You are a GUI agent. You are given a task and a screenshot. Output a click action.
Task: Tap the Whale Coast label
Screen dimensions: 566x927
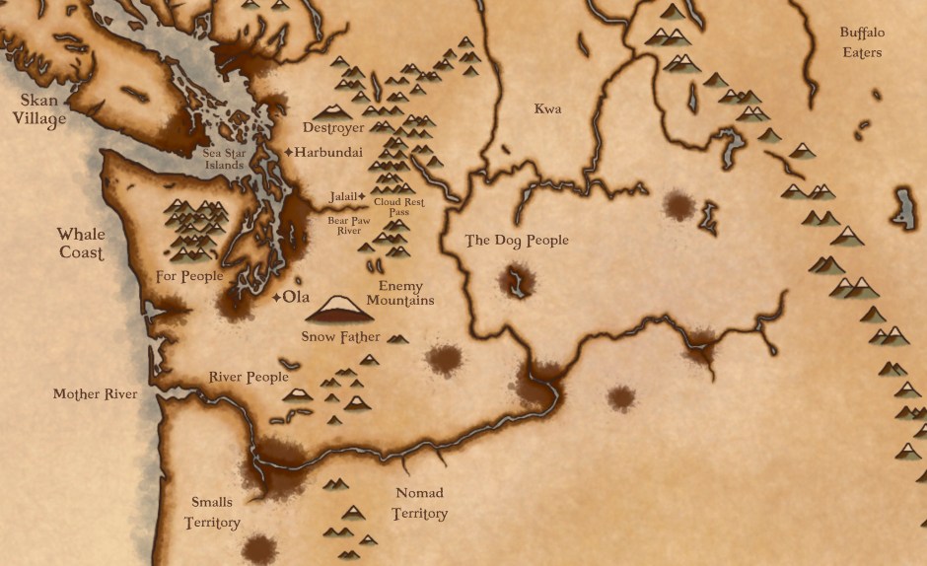coord(80,243)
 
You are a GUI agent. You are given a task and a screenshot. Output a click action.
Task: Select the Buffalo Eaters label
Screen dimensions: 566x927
coord(862,42)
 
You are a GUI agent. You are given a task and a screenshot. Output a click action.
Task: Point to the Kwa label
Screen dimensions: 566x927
coord(547,108)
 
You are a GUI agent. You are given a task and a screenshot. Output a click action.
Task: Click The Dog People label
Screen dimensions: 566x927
coord(517,240)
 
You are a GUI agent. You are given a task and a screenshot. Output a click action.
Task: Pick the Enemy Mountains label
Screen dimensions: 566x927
coord(400,293)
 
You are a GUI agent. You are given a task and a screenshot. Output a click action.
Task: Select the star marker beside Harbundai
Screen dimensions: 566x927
coord(288,153)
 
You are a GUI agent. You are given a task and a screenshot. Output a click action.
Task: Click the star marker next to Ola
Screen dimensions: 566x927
coord(275,297)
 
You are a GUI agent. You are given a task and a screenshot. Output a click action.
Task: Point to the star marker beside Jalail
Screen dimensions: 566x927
coord(361,196)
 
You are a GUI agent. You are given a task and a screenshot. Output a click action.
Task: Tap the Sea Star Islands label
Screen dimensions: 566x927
coord(224,159)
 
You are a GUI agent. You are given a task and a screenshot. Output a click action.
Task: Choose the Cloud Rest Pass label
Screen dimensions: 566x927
coord(399,207)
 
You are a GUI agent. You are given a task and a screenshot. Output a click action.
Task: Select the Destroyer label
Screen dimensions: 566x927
coord(333,128)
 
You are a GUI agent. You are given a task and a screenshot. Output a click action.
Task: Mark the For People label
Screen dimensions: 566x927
coord(189,276)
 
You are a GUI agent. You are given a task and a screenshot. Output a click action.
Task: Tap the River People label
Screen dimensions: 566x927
coord(249,377)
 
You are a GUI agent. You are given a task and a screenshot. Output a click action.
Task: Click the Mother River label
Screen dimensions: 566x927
coord(96,394)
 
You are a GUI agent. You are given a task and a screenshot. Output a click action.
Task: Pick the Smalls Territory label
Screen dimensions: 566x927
coord(212,512)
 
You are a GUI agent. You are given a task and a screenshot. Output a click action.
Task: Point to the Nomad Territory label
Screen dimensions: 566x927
coord(419,503)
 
